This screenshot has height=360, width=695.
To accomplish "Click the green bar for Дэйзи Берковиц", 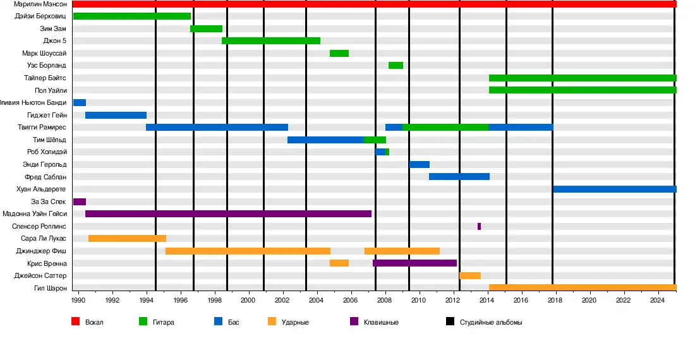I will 131,16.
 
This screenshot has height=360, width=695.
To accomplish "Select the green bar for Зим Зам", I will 206,28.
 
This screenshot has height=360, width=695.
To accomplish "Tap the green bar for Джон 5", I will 271,41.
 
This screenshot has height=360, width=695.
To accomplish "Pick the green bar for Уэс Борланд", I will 396,66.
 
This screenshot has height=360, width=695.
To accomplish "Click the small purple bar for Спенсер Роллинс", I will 479,226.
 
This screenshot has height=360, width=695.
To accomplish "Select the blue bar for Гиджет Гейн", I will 116,115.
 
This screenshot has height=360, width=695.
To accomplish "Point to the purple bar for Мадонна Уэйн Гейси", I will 228,213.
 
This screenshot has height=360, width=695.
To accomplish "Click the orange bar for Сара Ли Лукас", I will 127,239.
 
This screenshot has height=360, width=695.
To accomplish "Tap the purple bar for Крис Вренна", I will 414,263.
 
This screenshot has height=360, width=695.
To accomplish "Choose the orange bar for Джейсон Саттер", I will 469,275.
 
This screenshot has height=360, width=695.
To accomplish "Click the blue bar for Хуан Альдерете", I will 614,189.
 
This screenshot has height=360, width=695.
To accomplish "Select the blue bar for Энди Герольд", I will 420,164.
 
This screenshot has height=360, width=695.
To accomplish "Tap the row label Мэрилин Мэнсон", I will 40,4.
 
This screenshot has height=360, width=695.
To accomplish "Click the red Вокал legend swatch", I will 75,321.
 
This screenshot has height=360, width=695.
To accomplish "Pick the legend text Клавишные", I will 381,322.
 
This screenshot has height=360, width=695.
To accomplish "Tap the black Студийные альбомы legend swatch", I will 450,321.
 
